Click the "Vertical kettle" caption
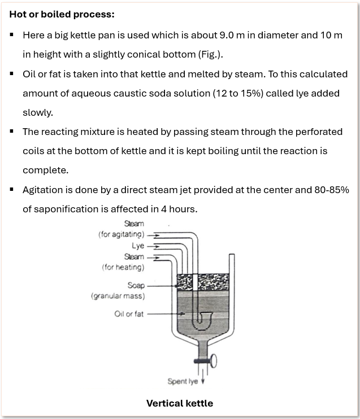pos(180,403)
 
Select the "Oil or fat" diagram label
pos(129,314)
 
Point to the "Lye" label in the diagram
pos(138,246)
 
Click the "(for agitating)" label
pos(122,234)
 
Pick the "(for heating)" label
pos(123,267)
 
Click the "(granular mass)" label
pos(118,296)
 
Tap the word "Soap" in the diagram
pos(136,286)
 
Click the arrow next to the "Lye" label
pos(154,246)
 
